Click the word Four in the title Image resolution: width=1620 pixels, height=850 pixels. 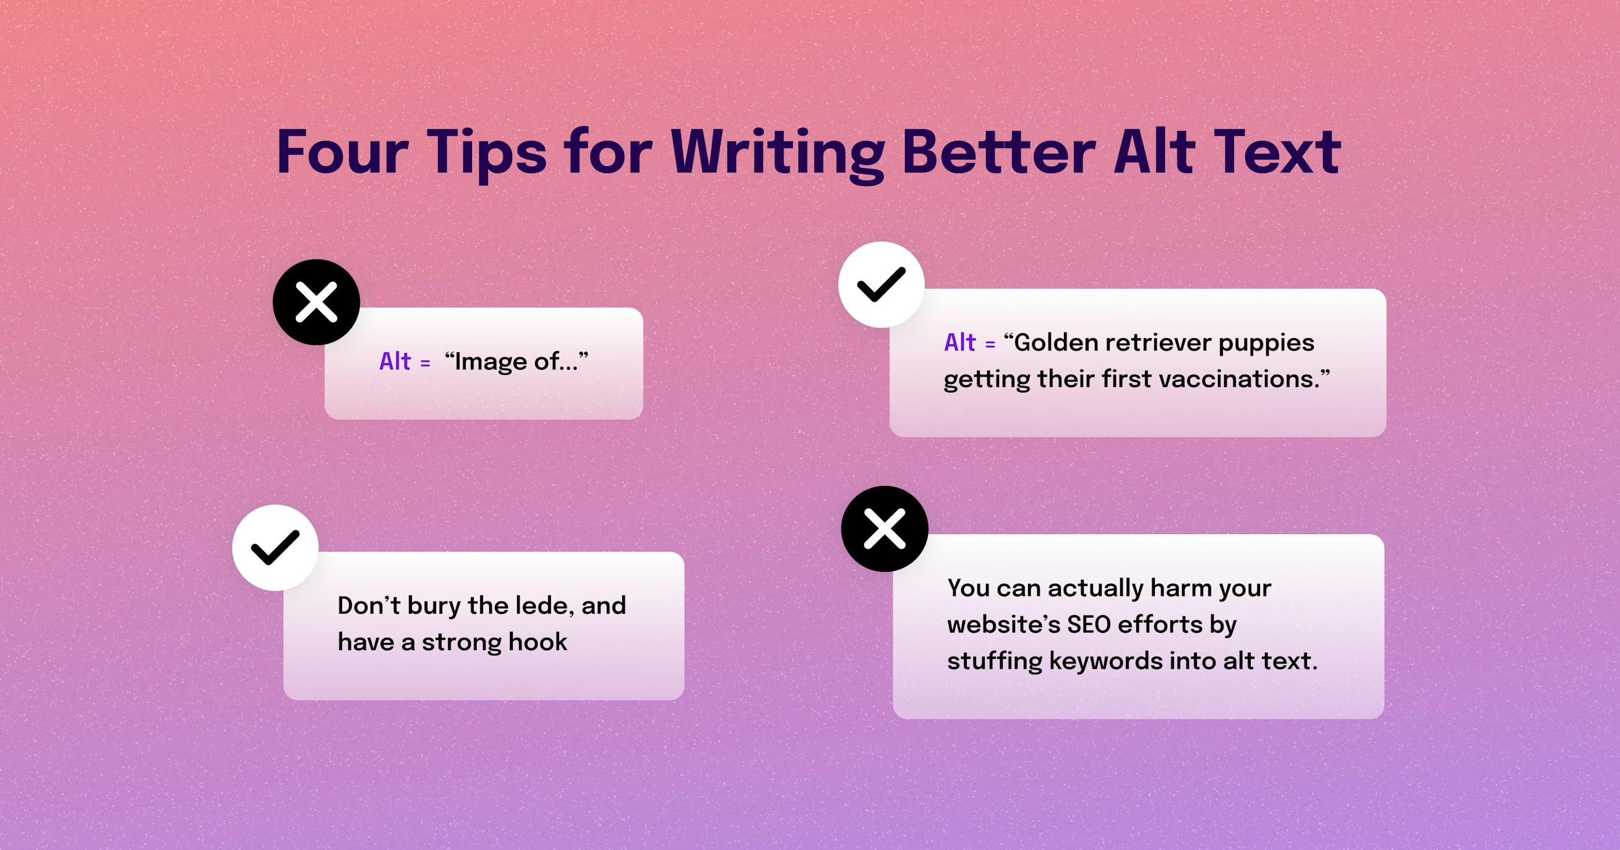pos(342,153)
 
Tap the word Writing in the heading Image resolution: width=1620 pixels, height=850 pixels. pos(778,153)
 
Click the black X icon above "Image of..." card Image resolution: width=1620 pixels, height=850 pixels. pos(316,302)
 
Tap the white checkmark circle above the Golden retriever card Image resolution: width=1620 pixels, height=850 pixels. pos(881,285)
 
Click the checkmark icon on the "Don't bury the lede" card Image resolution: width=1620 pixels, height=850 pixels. pos(275,548)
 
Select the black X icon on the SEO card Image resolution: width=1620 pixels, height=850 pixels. pos(884,529)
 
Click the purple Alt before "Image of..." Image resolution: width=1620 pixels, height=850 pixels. pos(395,362)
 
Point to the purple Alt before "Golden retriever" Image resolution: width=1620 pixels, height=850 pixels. pos(959,343)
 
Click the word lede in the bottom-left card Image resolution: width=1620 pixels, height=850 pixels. pos(544,605)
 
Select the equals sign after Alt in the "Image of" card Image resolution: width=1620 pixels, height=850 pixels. pos(425,363)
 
